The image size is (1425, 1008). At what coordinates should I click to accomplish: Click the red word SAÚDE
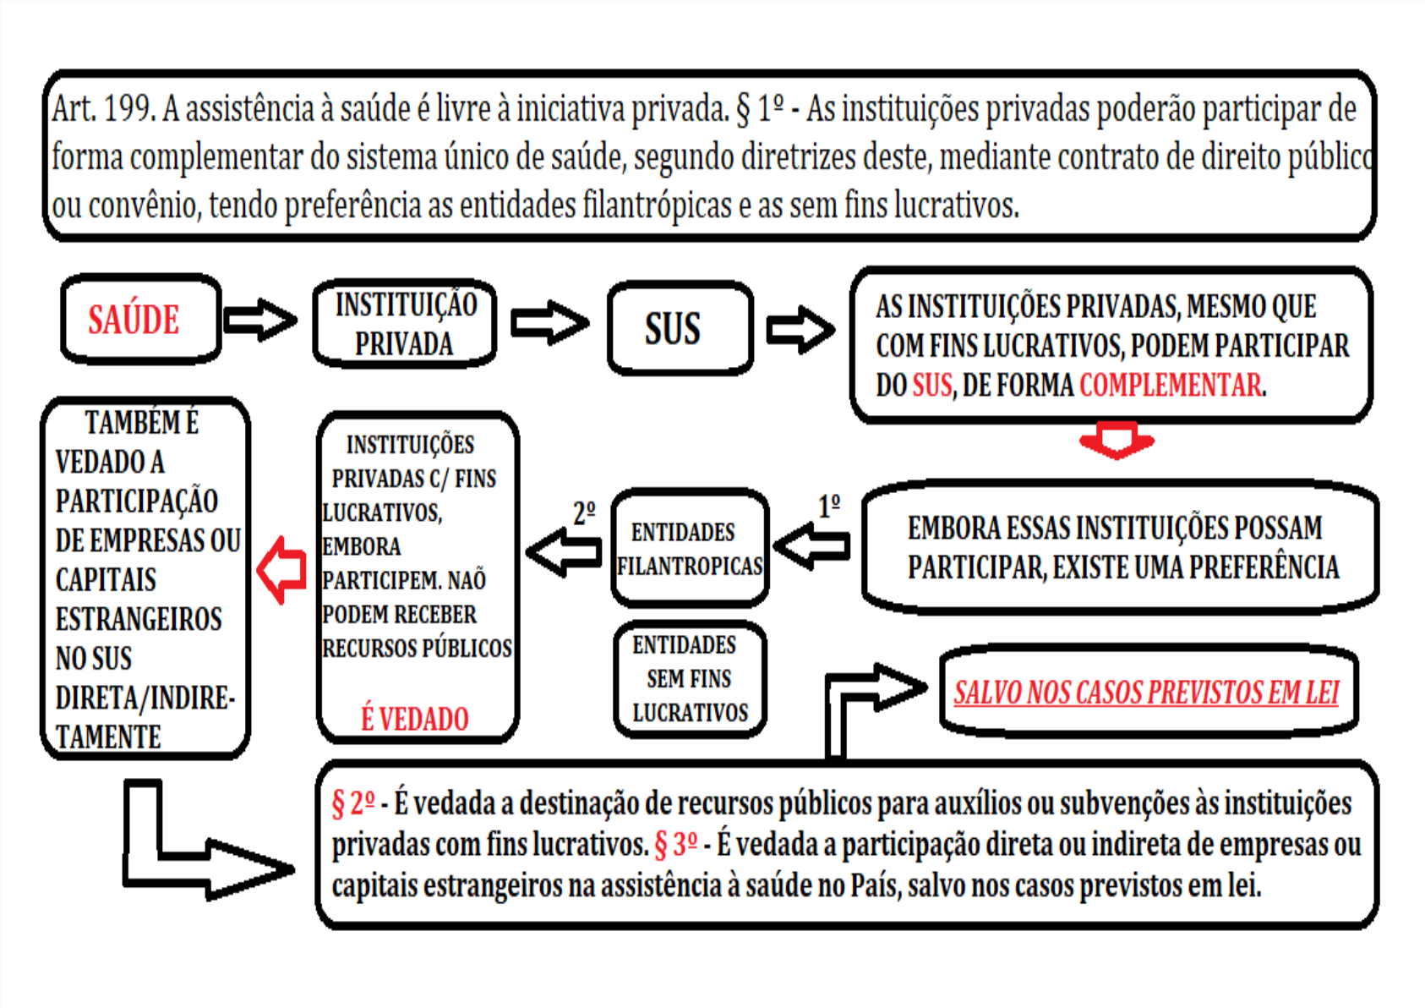134,320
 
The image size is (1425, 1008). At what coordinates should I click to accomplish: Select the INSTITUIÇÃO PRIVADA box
405,324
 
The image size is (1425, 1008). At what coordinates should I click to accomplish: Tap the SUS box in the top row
679,328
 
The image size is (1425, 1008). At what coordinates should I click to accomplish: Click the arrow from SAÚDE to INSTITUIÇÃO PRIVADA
260,320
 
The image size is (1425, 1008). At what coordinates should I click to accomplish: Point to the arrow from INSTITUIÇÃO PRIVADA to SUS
549,322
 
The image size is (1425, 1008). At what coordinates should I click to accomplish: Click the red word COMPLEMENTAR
1171,386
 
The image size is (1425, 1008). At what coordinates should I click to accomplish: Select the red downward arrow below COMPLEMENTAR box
1116,440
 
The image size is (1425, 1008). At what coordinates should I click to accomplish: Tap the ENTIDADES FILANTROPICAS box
689,548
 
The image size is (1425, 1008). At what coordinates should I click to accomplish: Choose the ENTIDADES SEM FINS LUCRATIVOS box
689,679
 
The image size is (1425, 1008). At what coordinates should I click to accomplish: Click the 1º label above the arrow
829,506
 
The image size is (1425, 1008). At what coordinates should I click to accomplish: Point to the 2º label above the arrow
584,512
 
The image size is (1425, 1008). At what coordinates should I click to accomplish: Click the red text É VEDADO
414,719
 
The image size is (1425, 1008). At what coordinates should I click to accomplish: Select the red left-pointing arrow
281,570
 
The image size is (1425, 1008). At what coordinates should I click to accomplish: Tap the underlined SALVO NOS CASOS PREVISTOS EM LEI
1146,693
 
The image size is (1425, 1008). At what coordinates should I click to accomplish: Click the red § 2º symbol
352,803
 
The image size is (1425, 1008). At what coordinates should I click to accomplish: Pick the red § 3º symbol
676,844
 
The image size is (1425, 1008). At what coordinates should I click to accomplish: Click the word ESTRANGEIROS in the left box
139,619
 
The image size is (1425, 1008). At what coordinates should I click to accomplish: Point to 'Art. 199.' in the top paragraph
102,109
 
